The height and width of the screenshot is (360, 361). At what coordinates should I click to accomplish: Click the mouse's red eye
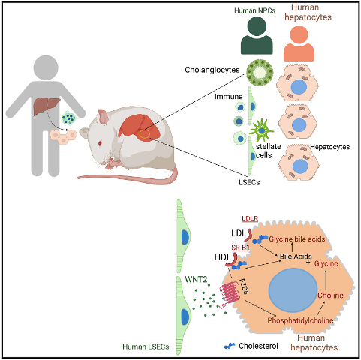pos(100,143)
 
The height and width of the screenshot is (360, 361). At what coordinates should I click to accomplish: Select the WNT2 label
pos(196,279)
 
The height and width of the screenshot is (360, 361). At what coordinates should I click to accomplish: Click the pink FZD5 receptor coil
pos(229,294)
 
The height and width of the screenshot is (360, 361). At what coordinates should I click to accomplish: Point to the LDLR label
pos(250,219)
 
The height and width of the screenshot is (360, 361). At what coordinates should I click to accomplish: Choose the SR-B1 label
pos(240,247)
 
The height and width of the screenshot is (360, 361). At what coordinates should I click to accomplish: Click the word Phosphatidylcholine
pos(300,320)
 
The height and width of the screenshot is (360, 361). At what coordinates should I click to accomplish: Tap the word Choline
pos(330,295)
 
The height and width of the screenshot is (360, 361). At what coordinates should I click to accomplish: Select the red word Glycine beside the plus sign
pos(326,263)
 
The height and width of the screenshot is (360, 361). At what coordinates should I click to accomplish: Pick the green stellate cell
pos(261,130)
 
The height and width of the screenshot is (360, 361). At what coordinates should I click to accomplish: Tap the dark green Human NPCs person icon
pos(257,35)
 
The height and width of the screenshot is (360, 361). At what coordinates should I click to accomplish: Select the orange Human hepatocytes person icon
pos(299,43)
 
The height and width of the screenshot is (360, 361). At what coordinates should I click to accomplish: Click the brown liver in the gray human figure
pos(47,106)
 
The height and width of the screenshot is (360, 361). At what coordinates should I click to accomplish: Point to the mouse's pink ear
pos(104,117)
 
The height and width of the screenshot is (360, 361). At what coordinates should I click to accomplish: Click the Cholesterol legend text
pos(258,346)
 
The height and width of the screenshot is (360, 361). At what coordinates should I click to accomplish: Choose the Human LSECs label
pos(146,346)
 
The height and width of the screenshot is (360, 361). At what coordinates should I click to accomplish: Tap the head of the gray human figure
pos(46,67)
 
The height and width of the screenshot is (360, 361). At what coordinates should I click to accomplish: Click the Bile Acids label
pos(296,256)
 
